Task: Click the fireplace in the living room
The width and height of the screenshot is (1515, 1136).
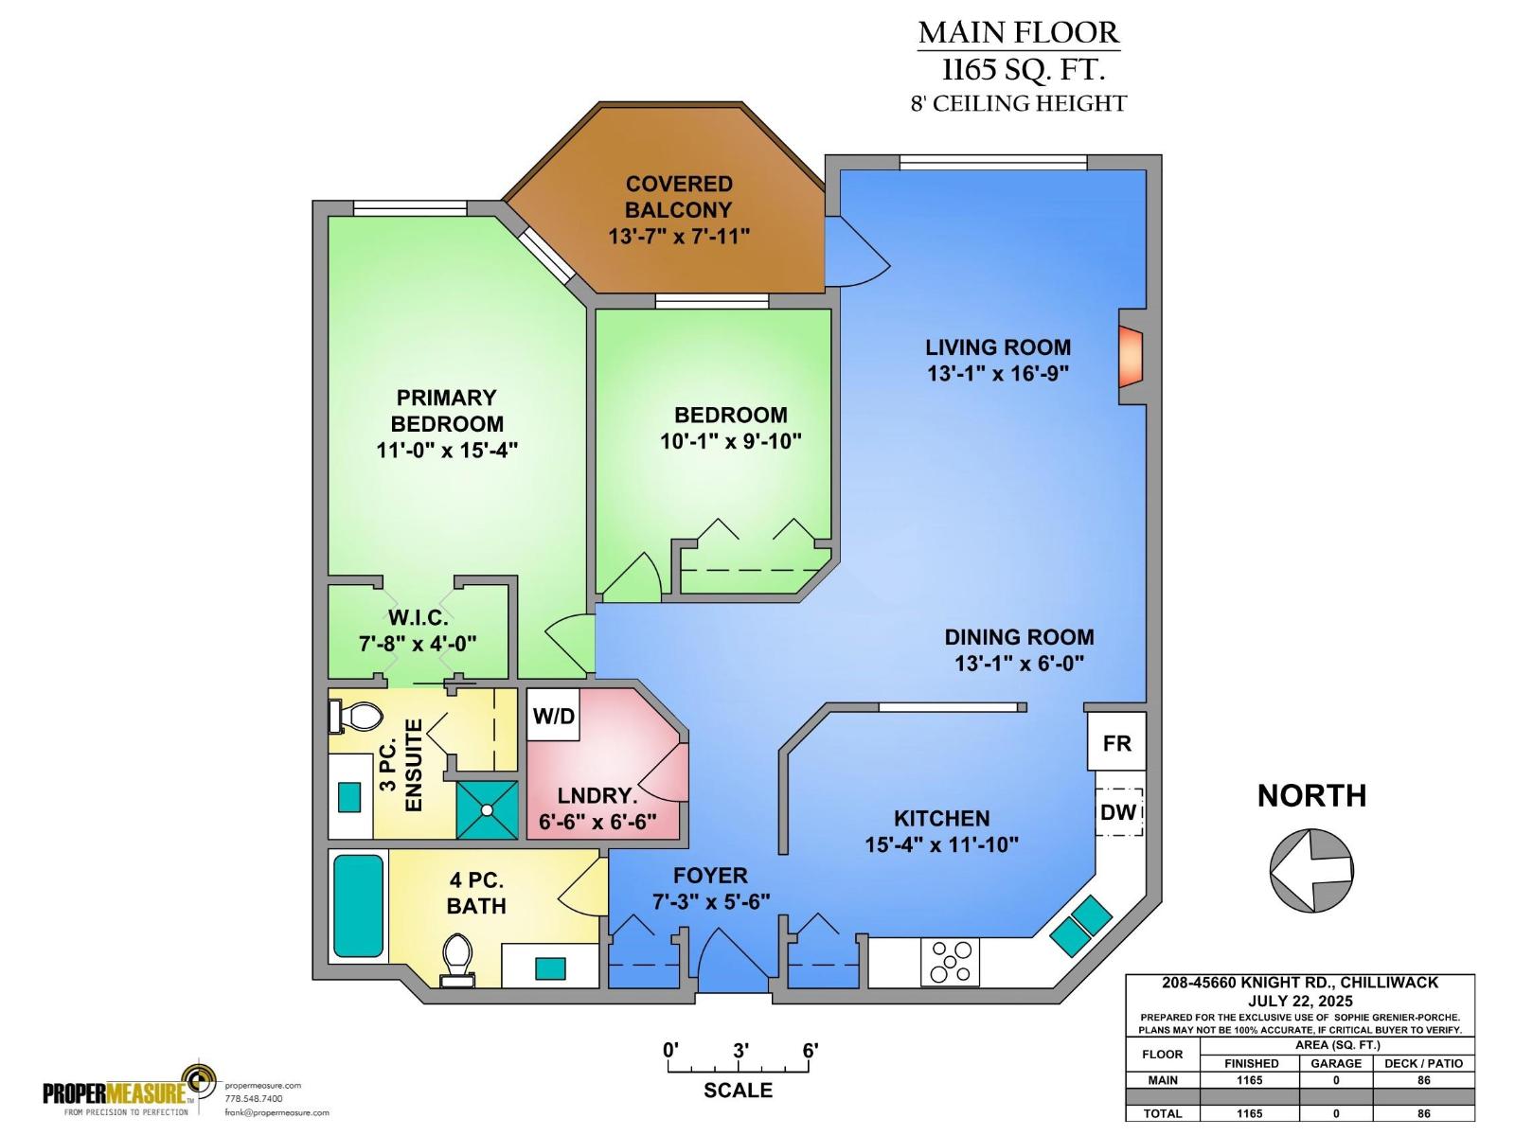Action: tap(1132, 356)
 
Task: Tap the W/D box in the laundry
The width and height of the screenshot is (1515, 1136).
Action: tap(553, 717)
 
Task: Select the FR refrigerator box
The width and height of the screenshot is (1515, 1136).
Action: tap(1116, 743)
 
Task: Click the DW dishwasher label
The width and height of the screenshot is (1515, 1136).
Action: tap(1118, 812)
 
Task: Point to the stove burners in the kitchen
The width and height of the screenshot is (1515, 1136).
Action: tap(950, 962)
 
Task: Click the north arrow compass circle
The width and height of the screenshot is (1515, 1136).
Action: tap(1311, 870)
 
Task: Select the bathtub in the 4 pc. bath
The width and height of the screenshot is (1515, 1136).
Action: tap(359, 907)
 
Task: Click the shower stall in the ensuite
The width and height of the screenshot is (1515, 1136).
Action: tap(488, 809)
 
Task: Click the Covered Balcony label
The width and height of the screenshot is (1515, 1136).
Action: tap(678, 197)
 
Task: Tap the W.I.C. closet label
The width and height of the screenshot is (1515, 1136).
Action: tap(418, 618)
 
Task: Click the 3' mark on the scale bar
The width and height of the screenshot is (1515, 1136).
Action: tap(740, 1051)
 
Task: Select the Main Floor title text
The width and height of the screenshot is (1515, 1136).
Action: tap(1018, 32)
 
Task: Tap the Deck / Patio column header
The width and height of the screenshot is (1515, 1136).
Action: tap(1423, 1063)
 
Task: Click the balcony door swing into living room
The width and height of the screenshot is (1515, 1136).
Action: tap(857, 252)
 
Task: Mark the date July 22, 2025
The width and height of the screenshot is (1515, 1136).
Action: tap(1299, 1001)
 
